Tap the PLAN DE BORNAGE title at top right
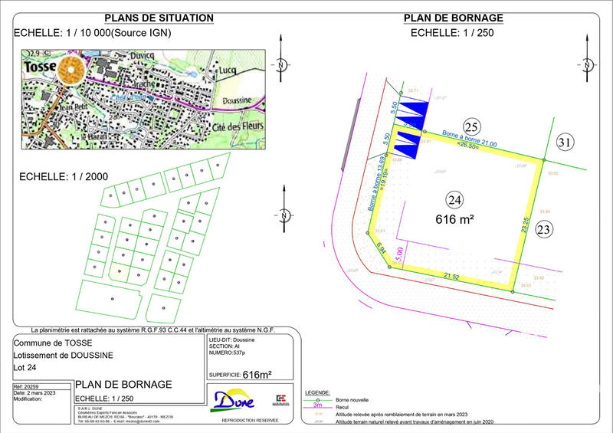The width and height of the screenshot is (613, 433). (453, 18)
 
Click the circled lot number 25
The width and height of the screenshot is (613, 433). (472, 127)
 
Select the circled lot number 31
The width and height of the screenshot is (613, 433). (564, 142)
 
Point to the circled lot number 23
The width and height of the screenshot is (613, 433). (544, 228)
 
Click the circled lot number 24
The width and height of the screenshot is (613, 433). (454, 201)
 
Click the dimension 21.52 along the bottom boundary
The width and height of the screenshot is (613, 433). (452, 274)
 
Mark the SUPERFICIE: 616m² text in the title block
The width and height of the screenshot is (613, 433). (239, 375)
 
